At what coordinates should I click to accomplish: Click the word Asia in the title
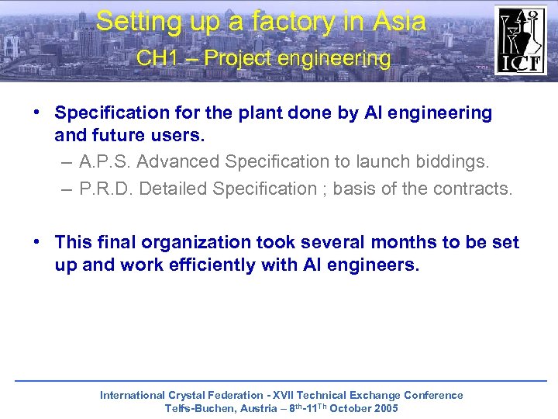pos(398,21)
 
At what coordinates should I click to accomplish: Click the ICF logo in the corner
pos(520,40)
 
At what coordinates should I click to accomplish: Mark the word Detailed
pos(169,189)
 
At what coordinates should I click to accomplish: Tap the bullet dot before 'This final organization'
pos(37,242)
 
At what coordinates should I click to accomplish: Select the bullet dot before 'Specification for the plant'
pos(37,113)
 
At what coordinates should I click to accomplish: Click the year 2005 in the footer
pos(385,408)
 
